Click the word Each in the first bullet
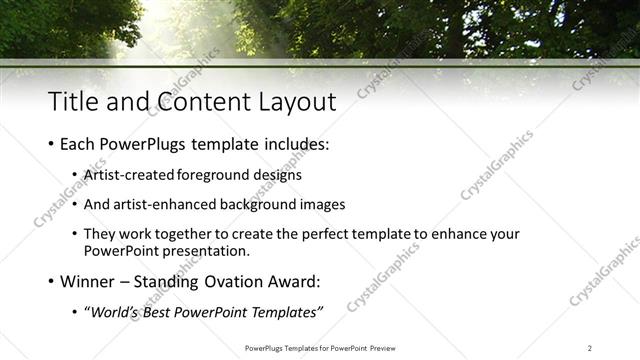coord(80,145)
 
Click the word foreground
coord(213,175)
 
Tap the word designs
coord(277,175)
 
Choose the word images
coord(321,204)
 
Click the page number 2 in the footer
coord(590,348)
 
